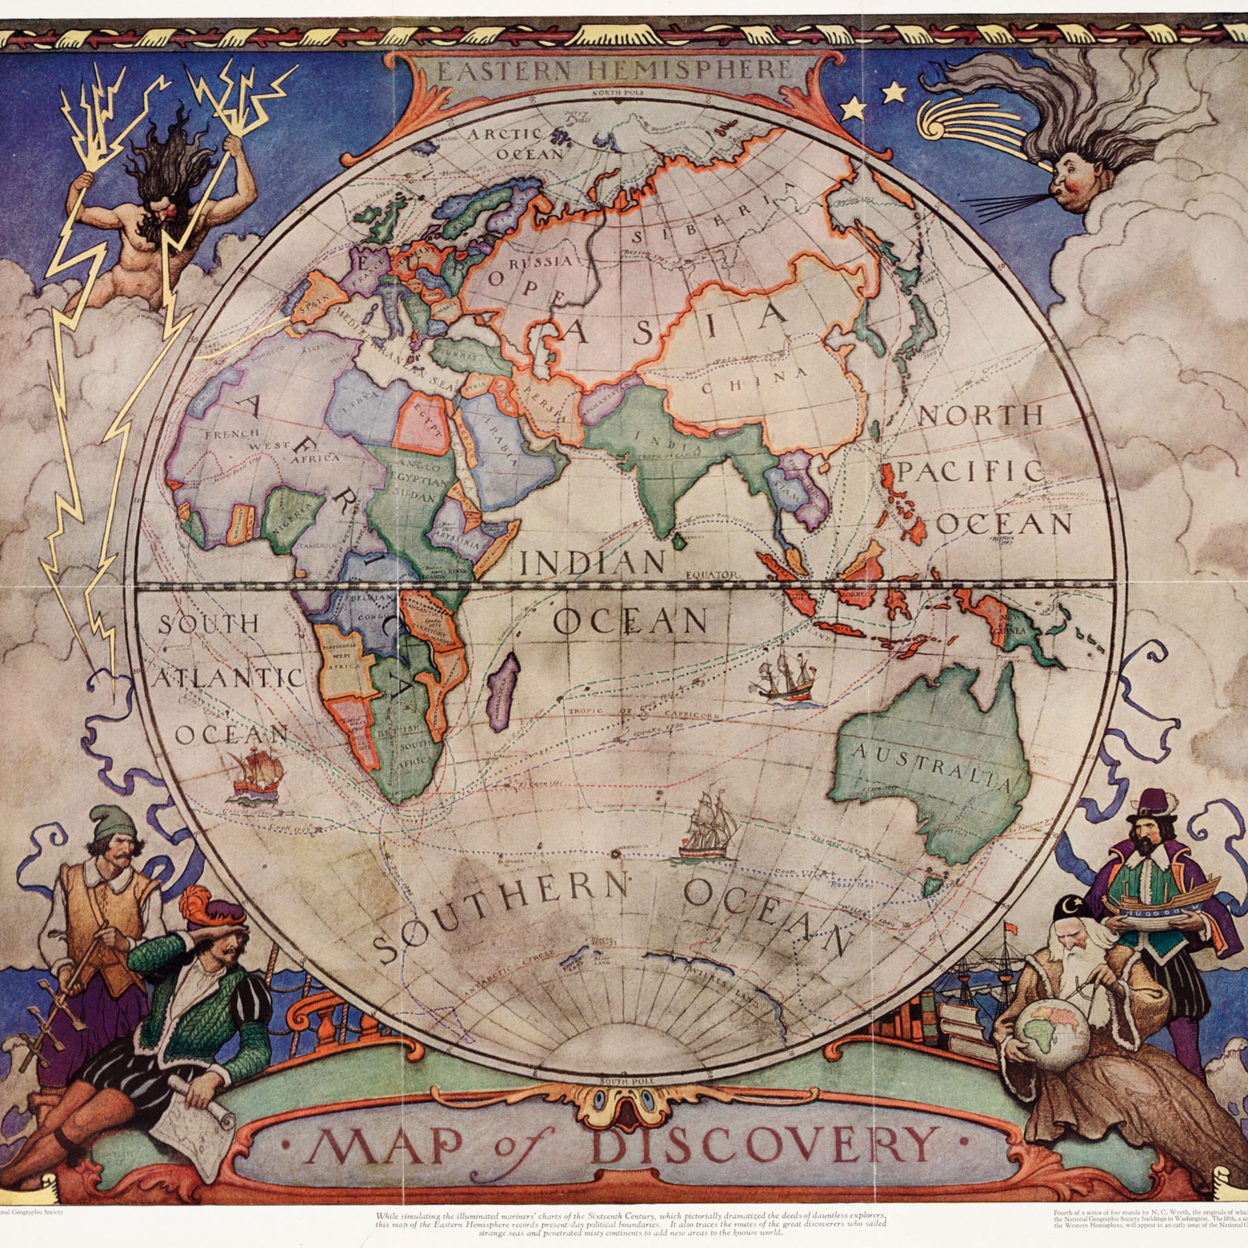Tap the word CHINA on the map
coord(754,381)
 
